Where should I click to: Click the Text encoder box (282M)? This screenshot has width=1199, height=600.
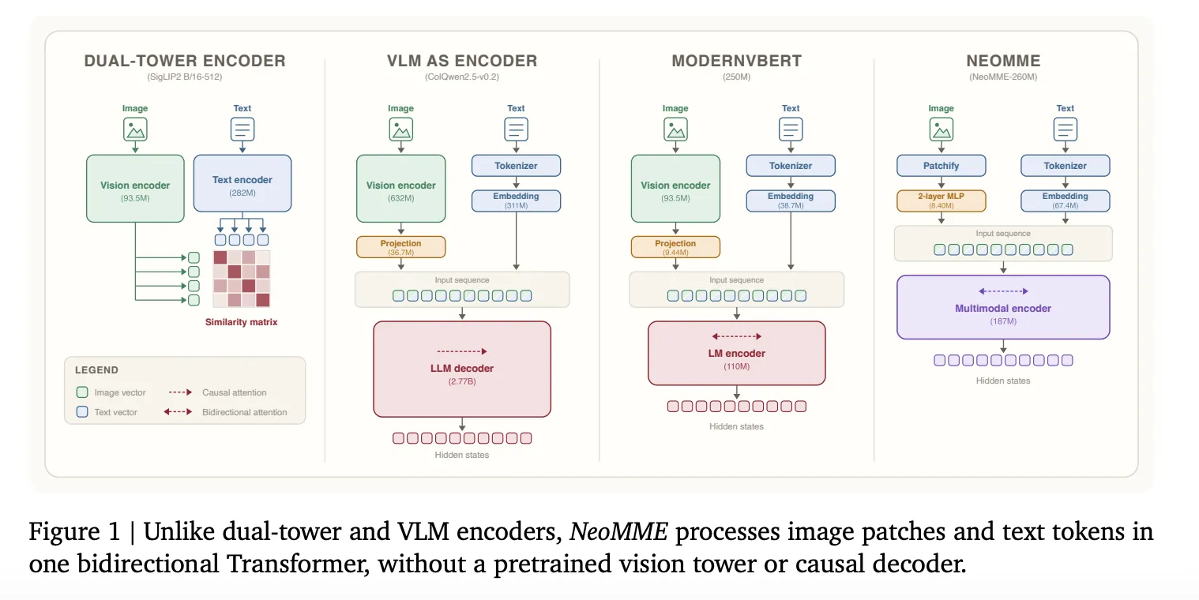242,184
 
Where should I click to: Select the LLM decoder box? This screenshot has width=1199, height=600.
462,369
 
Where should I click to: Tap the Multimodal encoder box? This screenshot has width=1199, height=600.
1003,307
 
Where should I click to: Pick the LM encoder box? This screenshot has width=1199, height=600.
736,353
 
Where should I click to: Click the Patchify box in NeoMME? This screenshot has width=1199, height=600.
941,165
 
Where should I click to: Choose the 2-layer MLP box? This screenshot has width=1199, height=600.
941,201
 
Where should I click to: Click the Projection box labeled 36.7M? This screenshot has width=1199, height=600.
401,247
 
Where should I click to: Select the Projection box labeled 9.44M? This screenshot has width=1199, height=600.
675,247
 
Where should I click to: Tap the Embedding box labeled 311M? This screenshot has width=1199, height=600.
516,201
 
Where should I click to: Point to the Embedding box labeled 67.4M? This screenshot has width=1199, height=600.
1066,201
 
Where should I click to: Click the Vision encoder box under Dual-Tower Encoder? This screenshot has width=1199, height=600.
135,189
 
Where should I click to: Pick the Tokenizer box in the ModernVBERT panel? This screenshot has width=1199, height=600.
791,165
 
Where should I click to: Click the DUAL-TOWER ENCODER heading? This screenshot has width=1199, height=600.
185,61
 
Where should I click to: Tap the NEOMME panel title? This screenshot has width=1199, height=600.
1003,61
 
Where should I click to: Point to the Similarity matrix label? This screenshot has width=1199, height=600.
242,322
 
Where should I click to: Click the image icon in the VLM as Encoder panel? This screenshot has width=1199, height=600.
401,129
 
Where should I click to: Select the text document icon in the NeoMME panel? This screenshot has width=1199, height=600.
1066,129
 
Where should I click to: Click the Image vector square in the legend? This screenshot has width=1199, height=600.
82,392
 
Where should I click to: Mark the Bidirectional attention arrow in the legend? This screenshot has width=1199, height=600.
178,411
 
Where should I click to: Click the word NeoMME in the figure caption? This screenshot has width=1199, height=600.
618,531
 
